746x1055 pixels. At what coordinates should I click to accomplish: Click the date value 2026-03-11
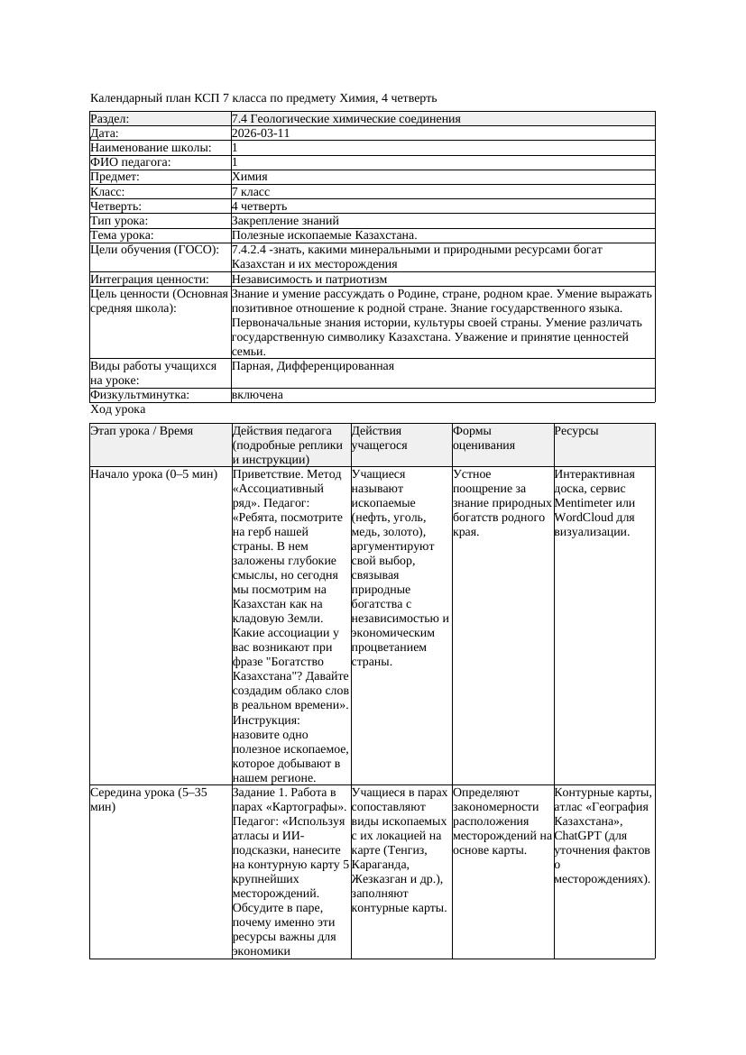click(x=261, y=133)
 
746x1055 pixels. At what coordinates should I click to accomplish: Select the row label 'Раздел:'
click(x=110, y=119)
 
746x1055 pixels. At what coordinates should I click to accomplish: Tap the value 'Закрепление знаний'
click(x=285, y=221)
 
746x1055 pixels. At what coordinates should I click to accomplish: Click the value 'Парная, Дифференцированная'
click(x=312, y=366)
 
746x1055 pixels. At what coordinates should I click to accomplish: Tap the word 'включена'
click(x=257, y=395)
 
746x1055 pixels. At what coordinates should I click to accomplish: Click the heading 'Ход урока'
click(x=118, y=409)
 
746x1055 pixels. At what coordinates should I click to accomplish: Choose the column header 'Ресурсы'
click(x=576, y=432)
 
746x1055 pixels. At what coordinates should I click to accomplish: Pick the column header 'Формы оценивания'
click(x=484, y=438)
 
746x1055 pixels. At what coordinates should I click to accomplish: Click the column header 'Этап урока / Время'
click(x=142, y=432)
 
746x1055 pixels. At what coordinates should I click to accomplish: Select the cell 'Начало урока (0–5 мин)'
click(x=154, y=474)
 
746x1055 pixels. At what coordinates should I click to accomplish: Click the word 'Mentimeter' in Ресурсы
click(x=587, y=503)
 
